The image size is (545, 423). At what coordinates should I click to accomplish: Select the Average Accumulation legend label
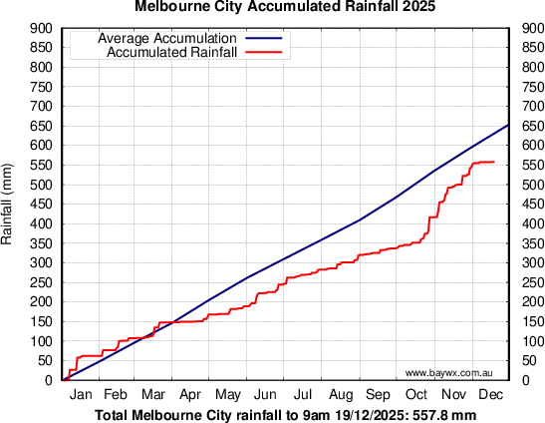(166, 39)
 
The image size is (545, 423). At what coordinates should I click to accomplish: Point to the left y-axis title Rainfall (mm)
(8, 205)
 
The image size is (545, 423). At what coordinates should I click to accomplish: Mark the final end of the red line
(494, 162)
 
